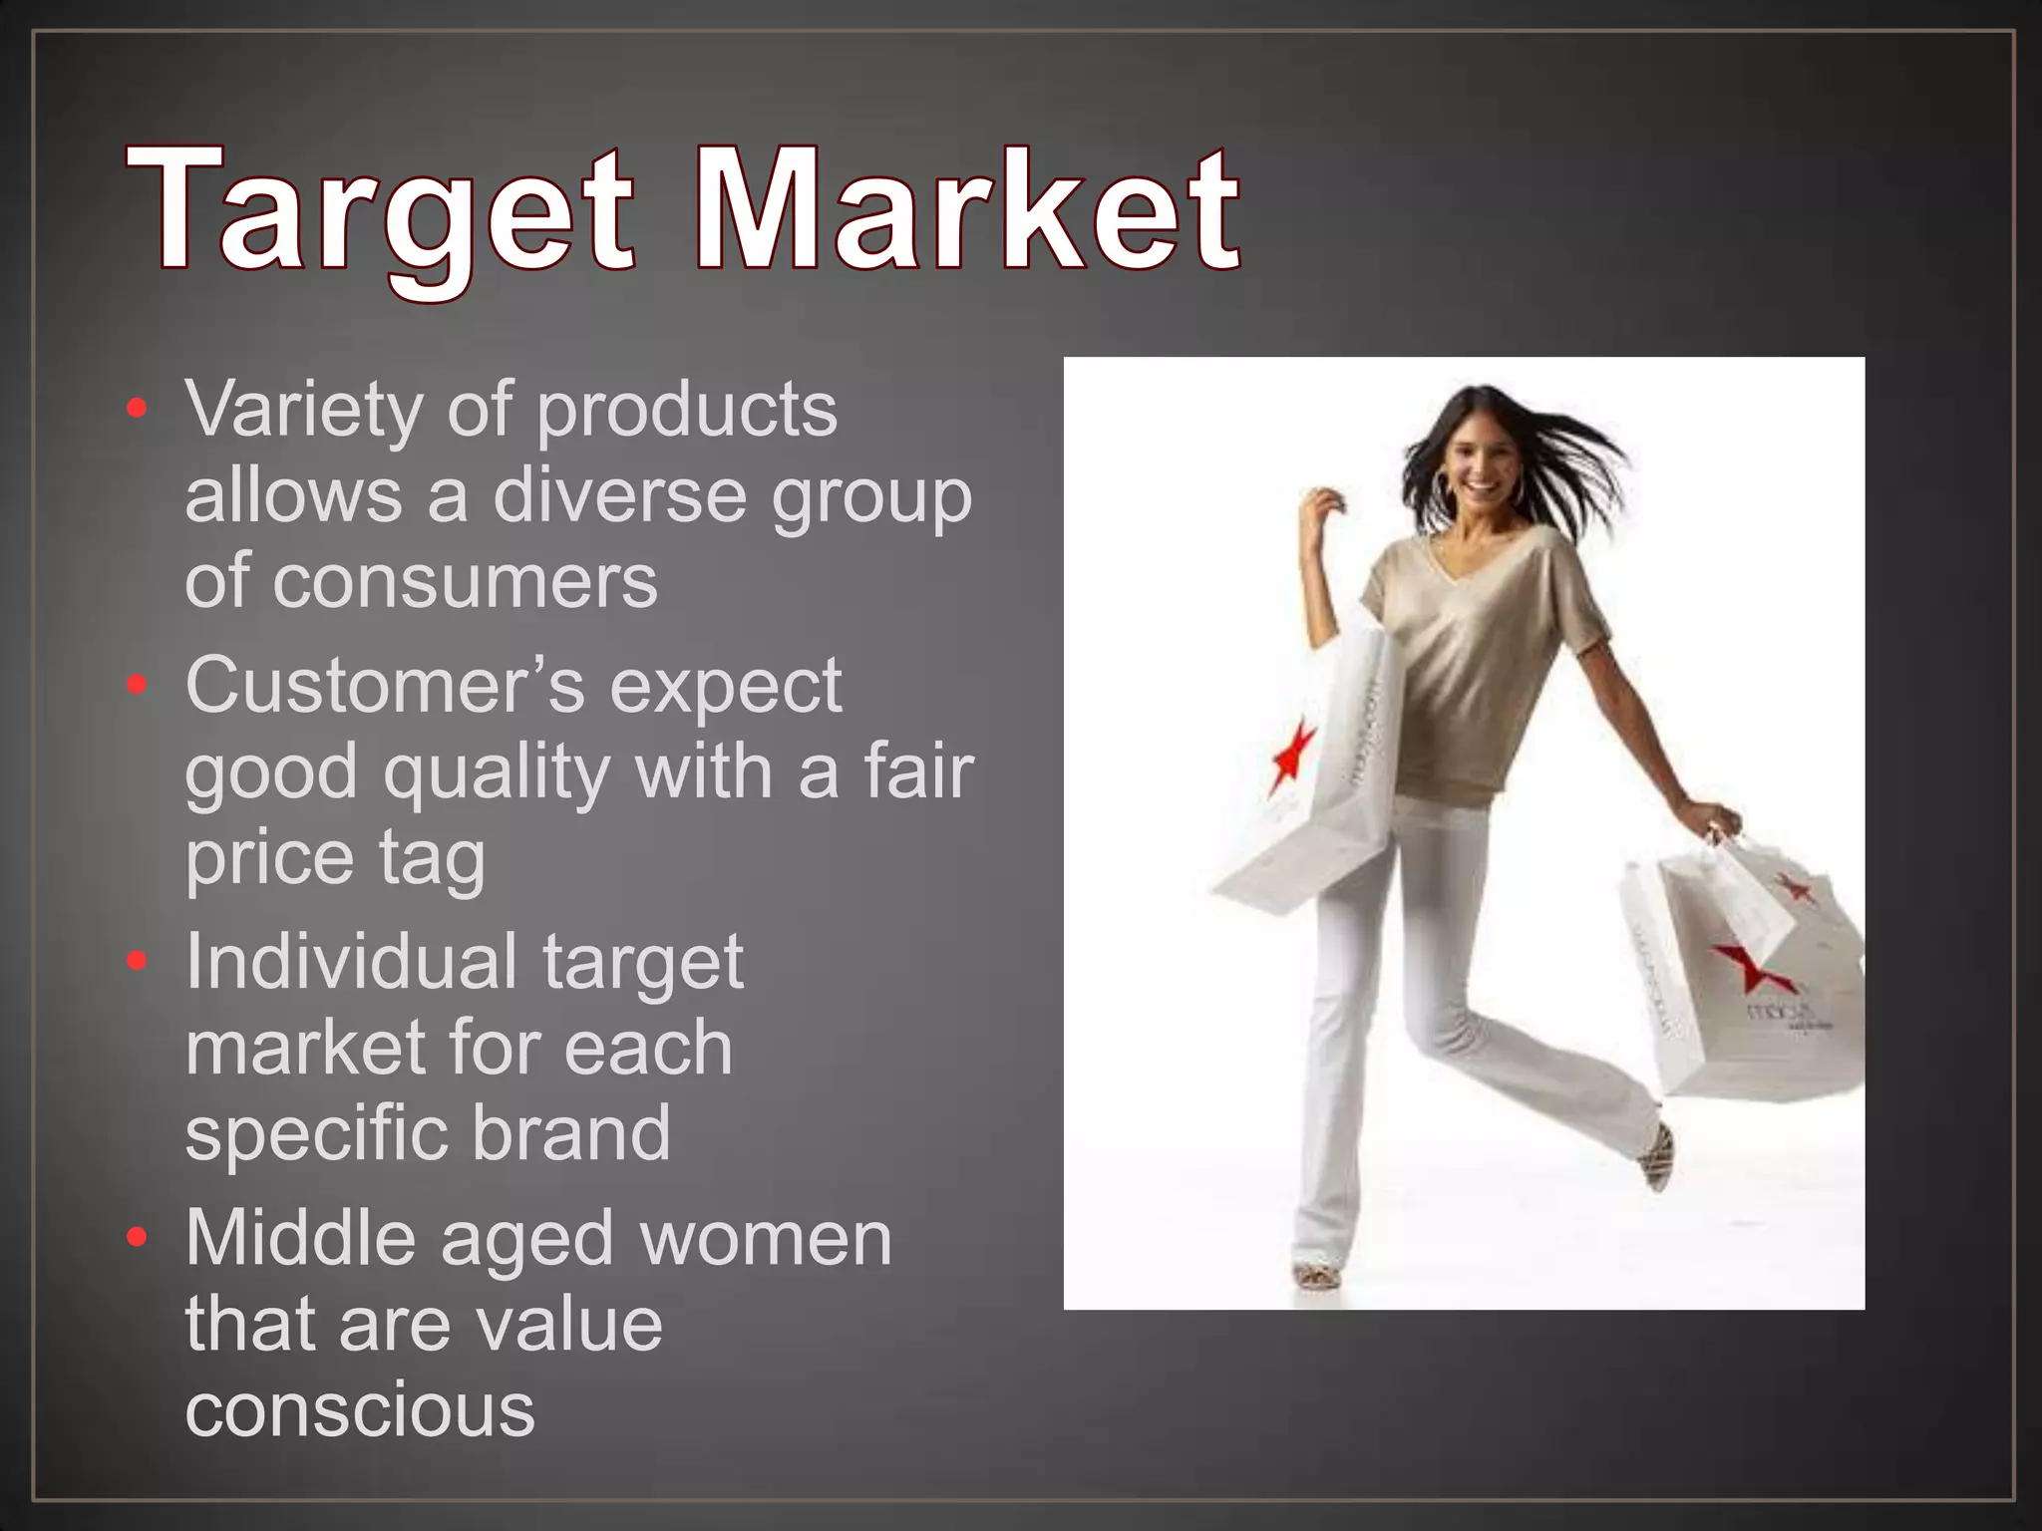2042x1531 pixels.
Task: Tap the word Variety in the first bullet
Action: tap(303, 410)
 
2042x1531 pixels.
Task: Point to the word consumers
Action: tap(465, 582)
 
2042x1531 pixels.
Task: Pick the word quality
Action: tap(496, 773)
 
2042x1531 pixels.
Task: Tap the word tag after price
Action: tap(432, 859)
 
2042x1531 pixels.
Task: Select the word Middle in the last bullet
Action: tap(299, 1238)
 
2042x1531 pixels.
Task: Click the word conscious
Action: tap(360, 1409)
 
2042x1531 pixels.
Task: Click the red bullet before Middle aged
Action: tap(138, 1238)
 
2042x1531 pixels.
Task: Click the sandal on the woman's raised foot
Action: tap(1658, 1156)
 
